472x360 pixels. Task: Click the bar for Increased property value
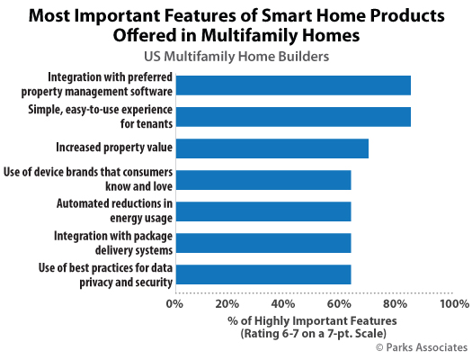pyautogui.click(x=272, y=148)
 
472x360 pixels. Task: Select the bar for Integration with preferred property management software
pyautogui.click(x=293, y=85)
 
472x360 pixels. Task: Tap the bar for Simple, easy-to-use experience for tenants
pyautogui.click(x=293, y=117)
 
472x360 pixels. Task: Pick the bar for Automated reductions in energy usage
pyautogui.click(x=263, y=211)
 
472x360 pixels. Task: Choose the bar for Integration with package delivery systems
pyautogui.click(x=263, y=243)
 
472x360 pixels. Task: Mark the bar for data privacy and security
pyautogui.click(x=263, y=274)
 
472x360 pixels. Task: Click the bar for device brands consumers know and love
pyautogui.click(x=263, y=180)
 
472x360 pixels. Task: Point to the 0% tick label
pyautogui.click(x=174, y=303)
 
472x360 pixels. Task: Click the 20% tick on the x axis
pyautogui.click(x=227, y=303)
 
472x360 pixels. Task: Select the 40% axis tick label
pyautogui.click(x=283, y=303)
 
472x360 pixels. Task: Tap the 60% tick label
pyautogui.click(x=339, y=303)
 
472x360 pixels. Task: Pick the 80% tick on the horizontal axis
pyautogui.click(x=395, y=303)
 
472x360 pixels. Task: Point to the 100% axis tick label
pyautogui.click(x=455, y=303)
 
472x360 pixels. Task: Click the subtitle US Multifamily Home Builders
pyautogui.click(x=236, y=57)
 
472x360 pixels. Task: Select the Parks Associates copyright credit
pyautogui.click(x=422, y=347)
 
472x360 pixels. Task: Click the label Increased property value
pyautogui.click(x=114, y=148)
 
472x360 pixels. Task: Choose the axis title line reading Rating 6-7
pyautogui.click(x=313, y=334)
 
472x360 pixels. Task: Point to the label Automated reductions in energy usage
pyautogui.click(x=114, y=211)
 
